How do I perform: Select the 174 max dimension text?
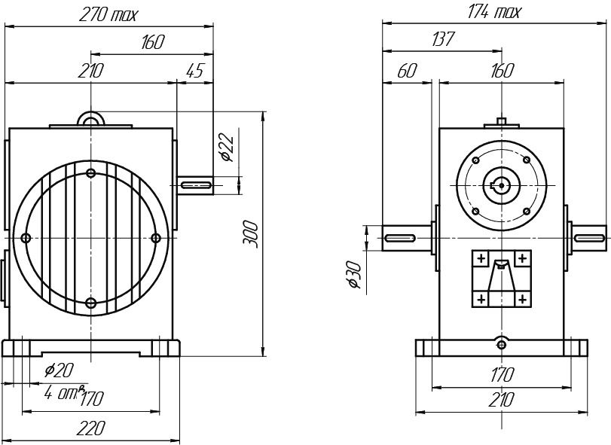tap(495, 12)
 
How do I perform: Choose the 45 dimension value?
tap(194, 71)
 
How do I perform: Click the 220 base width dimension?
tap(90, 428)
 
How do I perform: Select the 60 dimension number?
tap(407, 71)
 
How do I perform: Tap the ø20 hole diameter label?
tap(59, 370)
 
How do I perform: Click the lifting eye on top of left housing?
tap(90, 119)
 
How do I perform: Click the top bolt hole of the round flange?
tap(91, 173)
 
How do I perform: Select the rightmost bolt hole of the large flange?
tap(156, 238)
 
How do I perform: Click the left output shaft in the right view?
tap(407, 238)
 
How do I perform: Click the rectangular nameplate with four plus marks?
tap(501, 279)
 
